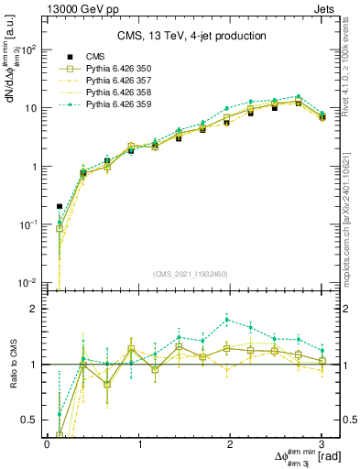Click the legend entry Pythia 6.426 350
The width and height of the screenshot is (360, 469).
click(x=114, y=69)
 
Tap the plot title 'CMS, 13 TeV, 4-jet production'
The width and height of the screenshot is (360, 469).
click(x=191, y=37)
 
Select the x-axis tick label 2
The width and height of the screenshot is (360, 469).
click(x=231, y=444)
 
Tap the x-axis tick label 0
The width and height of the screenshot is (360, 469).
click(x=47, y=444)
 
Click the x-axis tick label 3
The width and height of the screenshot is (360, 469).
click(x=322, y=444)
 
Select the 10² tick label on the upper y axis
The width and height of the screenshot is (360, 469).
click(x=29, y=49)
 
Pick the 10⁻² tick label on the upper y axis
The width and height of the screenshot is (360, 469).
click(x=29, y=282)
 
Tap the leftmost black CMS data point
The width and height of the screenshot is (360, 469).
click(x=60, y=206)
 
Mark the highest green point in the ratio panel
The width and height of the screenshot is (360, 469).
click(x=226, y=319)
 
